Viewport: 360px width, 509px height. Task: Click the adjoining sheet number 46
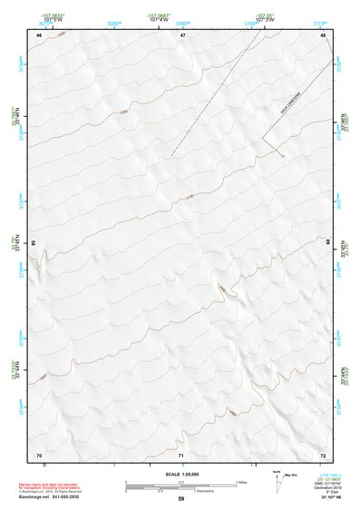point(39,34)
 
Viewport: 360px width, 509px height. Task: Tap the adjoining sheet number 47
point(182,34)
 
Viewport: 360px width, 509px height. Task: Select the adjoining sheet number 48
point(323,34)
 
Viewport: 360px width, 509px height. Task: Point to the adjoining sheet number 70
point(38,454)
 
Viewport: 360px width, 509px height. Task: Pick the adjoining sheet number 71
point(181,454)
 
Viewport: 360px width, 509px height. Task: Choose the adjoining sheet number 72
point(323,454)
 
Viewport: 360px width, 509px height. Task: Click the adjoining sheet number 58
point(34,243)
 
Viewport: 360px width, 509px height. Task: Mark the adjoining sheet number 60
point(327,243)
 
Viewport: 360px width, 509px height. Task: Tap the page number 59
point(181,499)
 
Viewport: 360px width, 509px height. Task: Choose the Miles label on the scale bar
point(241,481)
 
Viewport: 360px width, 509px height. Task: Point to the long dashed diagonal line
point(209,100)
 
